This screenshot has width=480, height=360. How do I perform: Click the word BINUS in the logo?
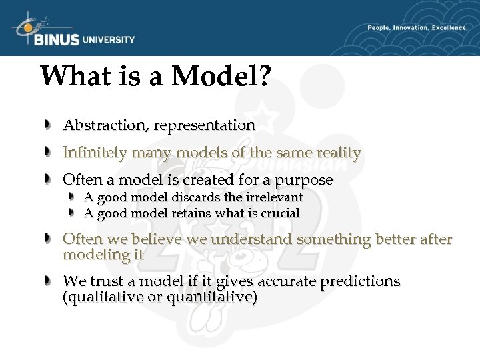(56, 40)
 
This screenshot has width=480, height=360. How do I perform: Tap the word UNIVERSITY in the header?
(109, 40)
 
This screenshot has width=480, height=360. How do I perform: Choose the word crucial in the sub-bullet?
(278, 213)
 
